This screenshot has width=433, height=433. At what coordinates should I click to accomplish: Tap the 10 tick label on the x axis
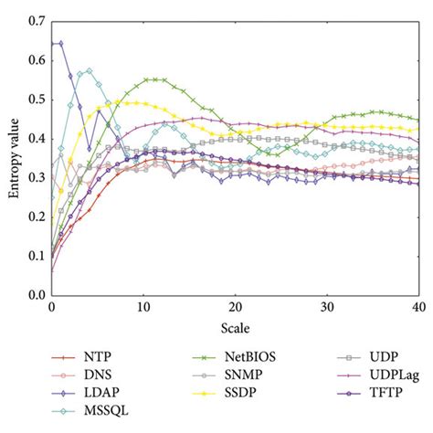coord(143,307)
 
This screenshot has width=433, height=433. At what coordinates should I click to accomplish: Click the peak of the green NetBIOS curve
coord(153,79)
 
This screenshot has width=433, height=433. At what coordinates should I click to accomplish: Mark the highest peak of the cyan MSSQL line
coord(89,69)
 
